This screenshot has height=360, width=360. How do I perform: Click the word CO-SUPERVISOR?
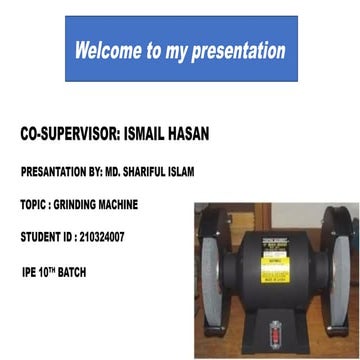pyautogui.click(x=68, y=134)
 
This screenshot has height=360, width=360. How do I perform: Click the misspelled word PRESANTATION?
pyautogui.click(x=56, y=172)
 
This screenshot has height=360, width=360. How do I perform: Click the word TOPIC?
pyautogui.click(x=32, y=204)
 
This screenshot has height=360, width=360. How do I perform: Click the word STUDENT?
pyautogui.click(x=41, y=237)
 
